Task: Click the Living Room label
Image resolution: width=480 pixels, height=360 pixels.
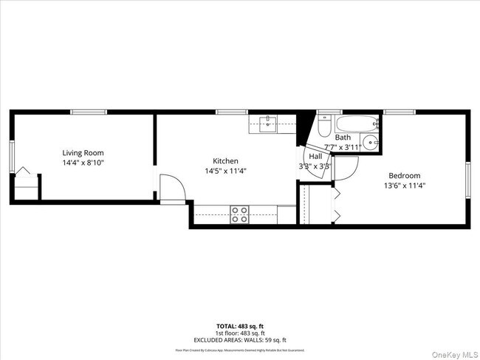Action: click(83, 152)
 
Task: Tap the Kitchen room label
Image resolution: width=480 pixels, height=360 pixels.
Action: click(225, 161)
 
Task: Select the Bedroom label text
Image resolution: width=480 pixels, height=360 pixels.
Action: click(405, 176)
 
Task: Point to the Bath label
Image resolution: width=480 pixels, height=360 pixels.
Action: click(343, 137)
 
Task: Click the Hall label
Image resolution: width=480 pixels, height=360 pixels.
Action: click(315, 157)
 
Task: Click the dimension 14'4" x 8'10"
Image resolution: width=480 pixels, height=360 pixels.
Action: click(83, 162)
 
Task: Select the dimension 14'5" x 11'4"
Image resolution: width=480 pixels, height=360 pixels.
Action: click(225, 171)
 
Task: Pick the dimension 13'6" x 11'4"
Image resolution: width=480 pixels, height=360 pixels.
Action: click(405, 186)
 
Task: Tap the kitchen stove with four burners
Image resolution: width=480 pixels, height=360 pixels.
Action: click(239, 214)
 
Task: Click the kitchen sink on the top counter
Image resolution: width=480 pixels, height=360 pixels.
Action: click(269, 123)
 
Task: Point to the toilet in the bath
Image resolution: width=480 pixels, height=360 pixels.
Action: click(324, 128)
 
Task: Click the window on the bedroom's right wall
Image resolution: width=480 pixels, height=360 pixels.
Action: click(468, 180)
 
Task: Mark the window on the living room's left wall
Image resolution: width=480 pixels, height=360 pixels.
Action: click(12, 157)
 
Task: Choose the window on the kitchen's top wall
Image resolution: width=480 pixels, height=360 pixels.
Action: click(232, 112)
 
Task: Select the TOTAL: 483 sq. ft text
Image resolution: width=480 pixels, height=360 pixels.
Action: click(239, 326)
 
